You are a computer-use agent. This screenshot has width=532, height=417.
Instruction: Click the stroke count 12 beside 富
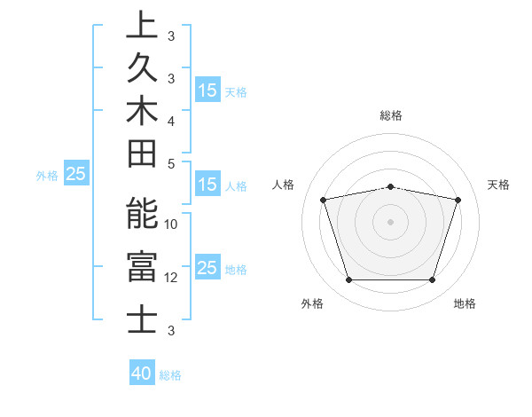click(171, 278)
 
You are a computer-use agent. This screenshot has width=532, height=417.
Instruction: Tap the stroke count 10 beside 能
click(171, 224)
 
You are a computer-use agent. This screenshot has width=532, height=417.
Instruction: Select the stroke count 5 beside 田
click(171, 163)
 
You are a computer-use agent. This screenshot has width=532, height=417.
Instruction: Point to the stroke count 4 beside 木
click(171, 120)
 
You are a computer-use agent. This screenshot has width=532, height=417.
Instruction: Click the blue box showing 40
click(142, 374)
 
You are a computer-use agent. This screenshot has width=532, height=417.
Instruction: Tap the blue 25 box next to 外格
click(76, 175)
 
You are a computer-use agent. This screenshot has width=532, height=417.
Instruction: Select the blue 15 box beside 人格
click(207, 185)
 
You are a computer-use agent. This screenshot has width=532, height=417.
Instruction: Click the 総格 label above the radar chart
click(391, 115)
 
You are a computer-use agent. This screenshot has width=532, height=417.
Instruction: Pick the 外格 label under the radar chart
click(312, 304)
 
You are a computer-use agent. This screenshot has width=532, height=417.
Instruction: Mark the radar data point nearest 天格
click(458, 200)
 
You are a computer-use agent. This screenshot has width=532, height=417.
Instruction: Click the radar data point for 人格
click(324, 200)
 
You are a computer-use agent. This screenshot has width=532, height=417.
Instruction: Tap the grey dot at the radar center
click(391, 221)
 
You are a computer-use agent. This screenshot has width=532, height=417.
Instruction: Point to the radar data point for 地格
click(432, 280)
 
